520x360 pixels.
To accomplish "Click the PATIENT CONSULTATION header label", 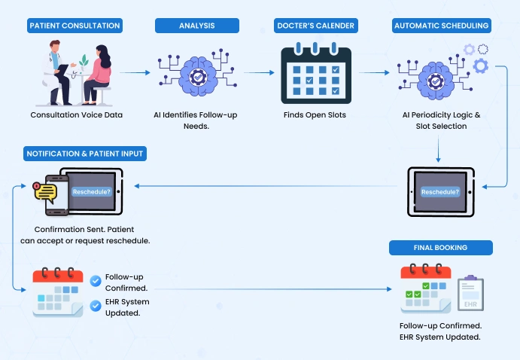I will tap(75, 26).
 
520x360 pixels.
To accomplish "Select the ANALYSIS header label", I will tap(197, 26).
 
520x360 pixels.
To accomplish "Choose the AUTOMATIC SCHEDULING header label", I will tap(441, 26).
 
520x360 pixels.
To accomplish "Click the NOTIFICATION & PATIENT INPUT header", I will tap(85, 154).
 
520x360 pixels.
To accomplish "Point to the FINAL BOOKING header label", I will tap(440, 248).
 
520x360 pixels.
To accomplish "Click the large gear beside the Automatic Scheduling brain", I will tap(481, 66).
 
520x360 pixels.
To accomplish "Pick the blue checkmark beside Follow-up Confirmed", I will tap(96, 281).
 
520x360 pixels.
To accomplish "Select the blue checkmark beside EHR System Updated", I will tap(96, 306).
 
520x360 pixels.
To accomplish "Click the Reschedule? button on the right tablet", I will tap(441, 192).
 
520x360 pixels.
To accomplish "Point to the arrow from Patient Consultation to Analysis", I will tap(135, 73).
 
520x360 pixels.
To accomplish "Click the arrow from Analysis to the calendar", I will tap(257, 73).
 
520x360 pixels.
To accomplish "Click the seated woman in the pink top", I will tap(98, 72).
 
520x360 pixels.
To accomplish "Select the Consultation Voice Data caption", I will tap(76, 115).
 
